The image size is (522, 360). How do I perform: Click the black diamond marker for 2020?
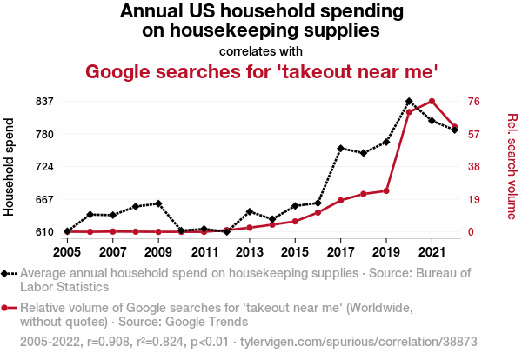[x=409, y=102]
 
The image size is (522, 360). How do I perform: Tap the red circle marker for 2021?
[x=432, y=102]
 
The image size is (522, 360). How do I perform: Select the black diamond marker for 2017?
[x=341, y=149]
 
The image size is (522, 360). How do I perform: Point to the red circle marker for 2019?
[x=386, y=190]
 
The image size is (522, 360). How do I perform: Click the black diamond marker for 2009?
[x=158, y=203]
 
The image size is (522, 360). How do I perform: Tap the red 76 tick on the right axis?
[x=475, y=102]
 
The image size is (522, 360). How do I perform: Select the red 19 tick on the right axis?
[x=475, y=199]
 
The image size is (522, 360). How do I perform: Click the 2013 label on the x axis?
[x=250, y=252]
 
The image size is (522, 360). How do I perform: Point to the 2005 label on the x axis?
[x=67, y=252]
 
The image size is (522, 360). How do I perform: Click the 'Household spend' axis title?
[x=10, y=167]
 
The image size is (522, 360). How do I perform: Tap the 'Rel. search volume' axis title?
[x=512, y=167]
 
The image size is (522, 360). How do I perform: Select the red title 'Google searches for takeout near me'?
[x=261, y=70]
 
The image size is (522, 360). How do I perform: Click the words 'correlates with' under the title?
[x=261, y=50]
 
